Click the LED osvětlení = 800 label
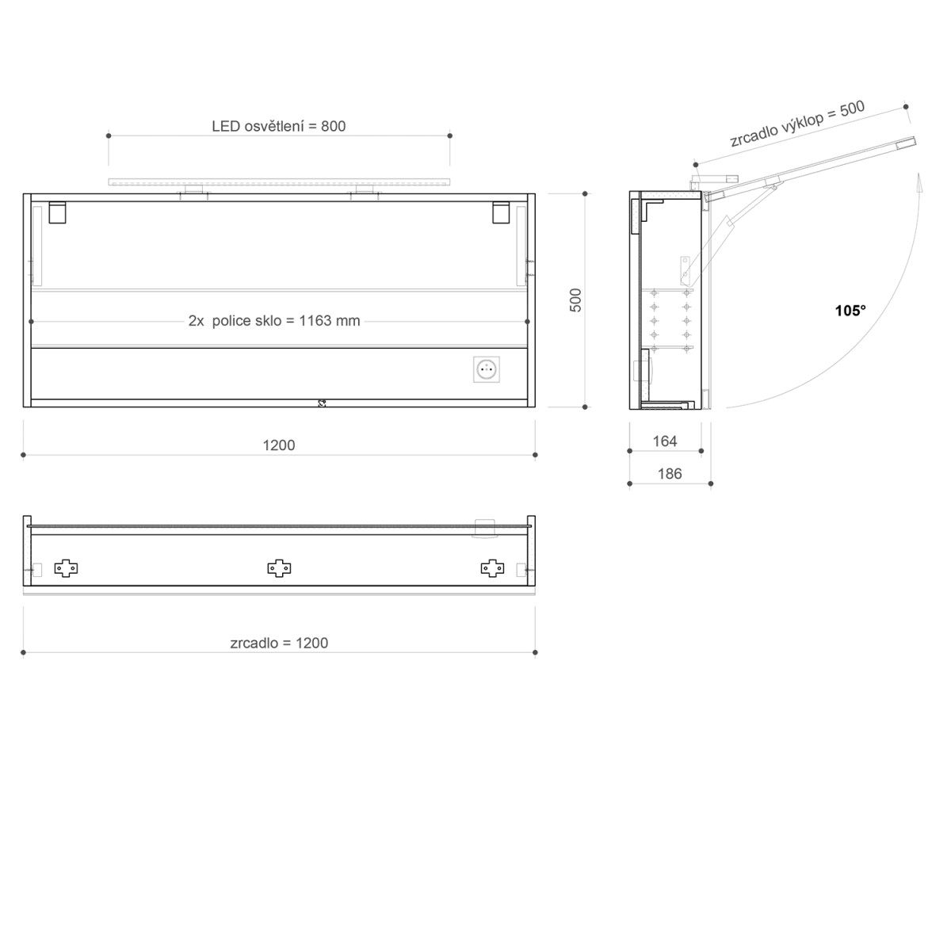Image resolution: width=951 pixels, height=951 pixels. tap(278, 126)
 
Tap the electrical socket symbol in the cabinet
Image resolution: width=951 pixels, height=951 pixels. tap(487, 369)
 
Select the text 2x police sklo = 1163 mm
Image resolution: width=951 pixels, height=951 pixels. tap(274, 321)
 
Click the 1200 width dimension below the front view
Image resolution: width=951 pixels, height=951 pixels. tap(278, 445)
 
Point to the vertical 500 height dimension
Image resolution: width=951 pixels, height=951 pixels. tap(576, 300)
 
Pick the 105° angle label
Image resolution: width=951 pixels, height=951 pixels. tap(850, 311)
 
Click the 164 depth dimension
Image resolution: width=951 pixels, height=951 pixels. tap(665, 441)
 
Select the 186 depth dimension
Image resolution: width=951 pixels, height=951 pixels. tap(670, 474)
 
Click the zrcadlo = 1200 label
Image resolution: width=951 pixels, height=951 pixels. tap(279, 643)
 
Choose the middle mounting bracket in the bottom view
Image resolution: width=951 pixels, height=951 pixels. tap(279, 567)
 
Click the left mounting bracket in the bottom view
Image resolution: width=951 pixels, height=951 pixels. tap(66, 567)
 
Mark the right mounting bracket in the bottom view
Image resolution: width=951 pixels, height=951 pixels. tap(492, 567)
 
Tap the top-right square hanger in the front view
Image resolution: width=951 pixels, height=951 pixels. tap(502, 213)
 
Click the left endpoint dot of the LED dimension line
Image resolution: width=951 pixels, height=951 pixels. tap(109, 136)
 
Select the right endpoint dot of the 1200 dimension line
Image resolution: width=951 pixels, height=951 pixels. tap(535, 455)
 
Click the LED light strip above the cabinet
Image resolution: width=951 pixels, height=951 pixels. tap(279, 183)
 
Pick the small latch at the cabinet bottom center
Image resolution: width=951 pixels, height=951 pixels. tap(322, 403)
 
